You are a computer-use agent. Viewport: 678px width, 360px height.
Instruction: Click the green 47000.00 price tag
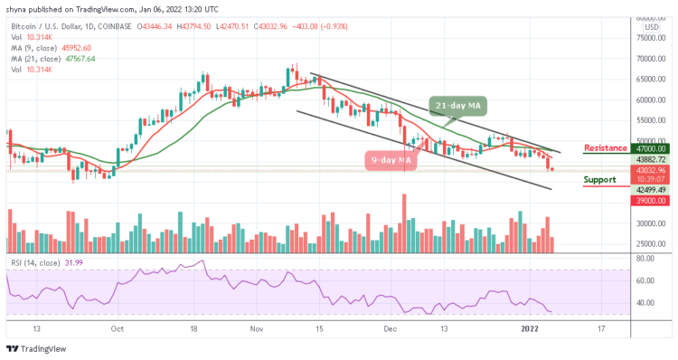click(649, 147)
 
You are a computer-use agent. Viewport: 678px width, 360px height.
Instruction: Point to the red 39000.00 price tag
click(649, 200)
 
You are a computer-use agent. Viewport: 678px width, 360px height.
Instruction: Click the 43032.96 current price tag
click(649, 170)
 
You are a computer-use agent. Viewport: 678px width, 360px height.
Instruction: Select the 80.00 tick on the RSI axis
click(645, 259)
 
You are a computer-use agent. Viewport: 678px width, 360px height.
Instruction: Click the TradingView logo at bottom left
click(36, 349)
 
